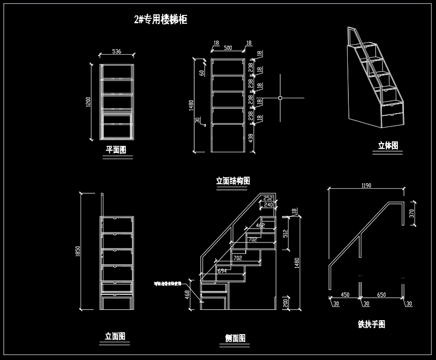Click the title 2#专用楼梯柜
coord(161,20)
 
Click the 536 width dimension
coord(116,51)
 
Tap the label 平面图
coord(116,150)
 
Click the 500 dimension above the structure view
coord(228,48)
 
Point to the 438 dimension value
coord(252,138)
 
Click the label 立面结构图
coord(233,181)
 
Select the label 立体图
coord(387,146)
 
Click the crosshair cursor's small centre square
coord(280,98)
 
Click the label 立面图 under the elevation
coord(115,336)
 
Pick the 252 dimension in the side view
coord(268,198)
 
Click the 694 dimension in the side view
coord(222,271)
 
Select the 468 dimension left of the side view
coord(187,296)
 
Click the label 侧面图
coord(235,338)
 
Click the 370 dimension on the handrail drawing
coord(412,213)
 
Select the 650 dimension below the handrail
coord(381,295)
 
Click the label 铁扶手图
coord(371,324)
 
